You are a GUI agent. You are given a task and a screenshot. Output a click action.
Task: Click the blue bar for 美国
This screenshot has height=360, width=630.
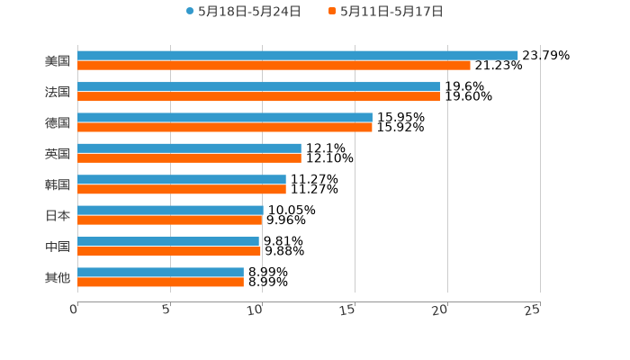297,55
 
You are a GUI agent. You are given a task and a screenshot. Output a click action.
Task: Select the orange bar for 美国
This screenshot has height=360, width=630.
274,65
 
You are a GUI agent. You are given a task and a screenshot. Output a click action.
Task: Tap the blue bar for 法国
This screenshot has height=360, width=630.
258,86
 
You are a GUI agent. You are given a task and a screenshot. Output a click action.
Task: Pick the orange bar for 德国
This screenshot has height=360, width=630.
225,127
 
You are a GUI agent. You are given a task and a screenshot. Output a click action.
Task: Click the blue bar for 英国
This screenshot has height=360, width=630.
189,148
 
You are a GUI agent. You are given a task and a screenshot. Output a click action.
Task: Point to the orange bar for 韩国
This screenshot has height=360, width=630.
182,189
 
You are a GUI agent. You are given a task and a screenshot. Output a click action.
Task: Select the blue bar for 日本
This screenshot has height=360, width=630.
170,210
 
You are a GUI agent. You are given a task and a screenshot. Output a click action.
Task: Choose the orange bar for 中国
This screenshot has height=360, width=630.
169,251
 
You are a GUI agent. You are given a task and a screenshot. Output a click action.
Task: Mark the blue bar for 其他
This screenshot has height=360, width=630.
160,272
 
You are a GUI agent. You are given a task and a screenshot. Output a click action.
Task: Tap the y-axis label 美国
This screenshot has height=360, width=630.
58,60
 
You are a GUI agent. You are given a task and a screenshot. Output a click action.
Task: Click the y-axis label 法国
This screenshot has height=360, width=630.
58,92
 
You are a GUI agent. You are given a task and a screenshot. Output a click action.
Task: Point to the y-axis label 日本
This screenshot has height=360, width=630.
58,215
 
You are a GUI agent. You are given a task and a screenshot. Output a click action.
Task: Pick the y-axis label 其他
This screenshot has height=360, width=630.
58,277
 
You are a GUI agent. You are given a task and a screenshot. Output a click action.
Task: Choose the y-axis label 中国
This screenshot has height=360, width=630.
58,247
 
